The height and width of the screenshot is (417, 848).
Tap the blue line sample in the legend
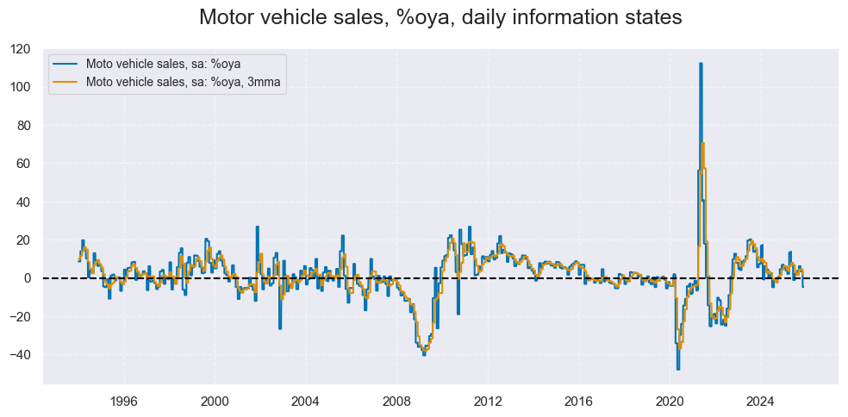click(65, 65)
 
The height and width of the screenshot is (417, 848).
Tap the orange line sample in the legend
click(65, 83)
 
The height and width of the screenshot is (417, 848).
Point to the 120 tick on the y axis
click(23, 49)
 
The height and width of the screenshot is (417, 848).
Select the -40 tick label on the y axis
click(23, 354)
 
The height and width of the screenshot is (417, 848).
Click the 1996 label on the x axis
click(124, 401)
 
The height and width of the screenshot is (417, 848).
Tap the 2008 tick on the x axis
click(396, 401)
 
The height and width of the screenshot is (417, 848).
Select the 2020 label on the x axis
click(669, 401)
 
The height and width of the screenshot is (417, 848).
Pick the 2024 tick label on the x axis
click(759, 401)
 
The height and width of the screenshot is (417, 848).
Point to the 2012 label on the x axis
click(487, 401)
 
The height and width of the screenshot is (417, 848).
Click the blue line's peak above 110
click(701, 64)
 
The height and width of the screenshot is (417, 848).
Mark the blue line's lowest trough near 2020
click(678, 369)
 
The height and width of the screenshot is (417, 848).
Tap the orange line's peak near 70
click(703, 143)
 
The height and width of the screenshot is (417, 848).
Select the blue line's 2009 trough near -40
click(424, 354)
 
